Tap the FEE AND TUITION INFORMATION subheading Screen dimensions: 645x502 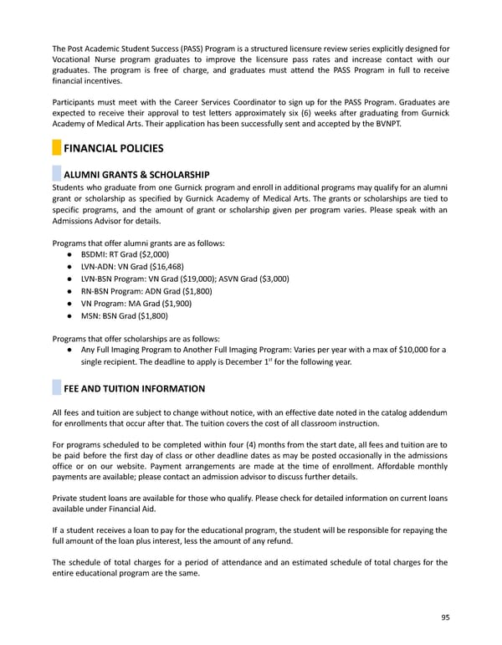[x=135, y=389]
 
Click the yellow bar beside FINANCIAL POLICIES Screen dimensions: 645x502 [x=56, y=149]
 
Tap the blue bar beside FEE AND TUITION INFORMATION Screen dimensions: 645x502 [x=56, y=389]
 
